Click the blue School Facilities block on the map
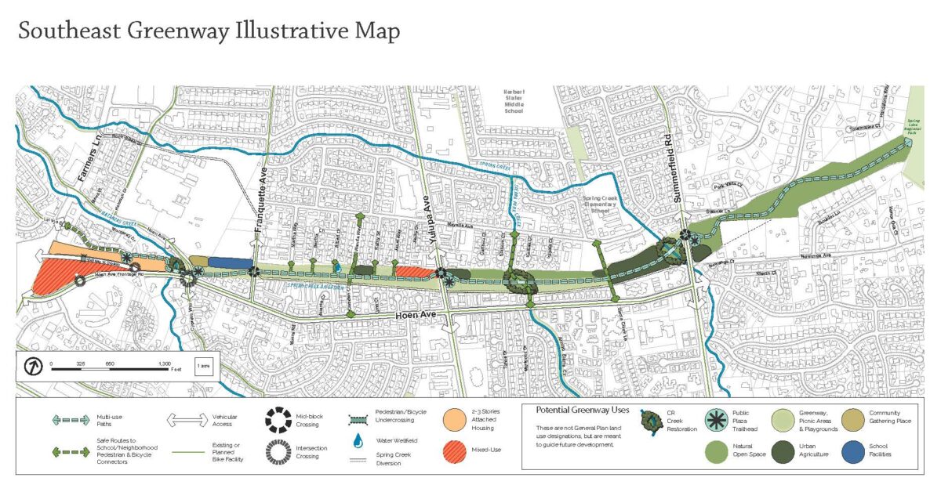tap(230, 263)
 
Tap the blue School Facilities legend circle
tap(854, 451)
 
